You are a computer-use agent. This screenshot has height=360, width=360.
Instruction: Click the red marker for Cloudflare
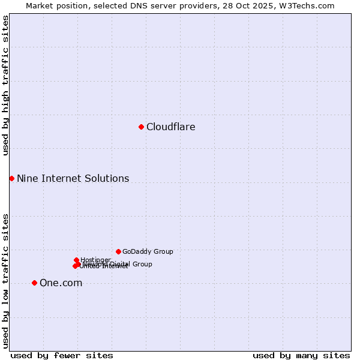[141, 127]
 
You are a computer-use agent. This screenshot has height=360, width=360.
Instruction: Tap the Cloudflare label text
[170, 127]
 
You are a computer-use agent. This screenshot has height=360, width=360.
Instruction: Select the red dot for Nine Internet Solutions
[11, 178]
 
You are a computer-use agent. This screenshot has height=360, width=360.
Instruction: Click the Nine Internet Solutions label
[73, 178]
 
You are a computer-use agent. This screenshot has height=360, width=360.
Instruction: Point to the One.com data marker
[34, 283]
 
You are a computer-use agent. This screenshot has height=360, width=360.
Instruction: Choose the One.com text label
[61, 283]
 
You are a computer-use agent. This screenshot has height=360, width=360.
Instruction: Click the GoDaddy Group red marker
[118, 251]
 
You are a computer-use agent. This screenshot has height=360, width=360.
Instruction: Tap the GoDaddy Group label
[148, 251]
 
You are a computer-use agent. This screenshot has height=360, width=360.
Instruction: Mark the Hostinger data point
[76, 260]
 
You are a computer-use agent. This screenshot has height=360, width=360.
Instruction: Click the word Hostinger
[95, 260]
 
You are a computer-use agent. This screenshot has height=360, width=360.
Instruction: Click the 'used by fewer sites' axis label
[62, 355]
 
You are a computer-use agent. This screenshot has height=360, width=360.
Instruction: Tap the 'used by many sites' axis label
[301, 355]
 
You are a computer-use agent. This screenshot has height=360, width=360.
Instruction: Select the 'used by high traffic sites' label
[6, 85]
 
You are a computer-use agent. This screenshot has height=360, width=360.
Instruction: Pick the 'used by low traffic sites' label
[6, 280]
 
